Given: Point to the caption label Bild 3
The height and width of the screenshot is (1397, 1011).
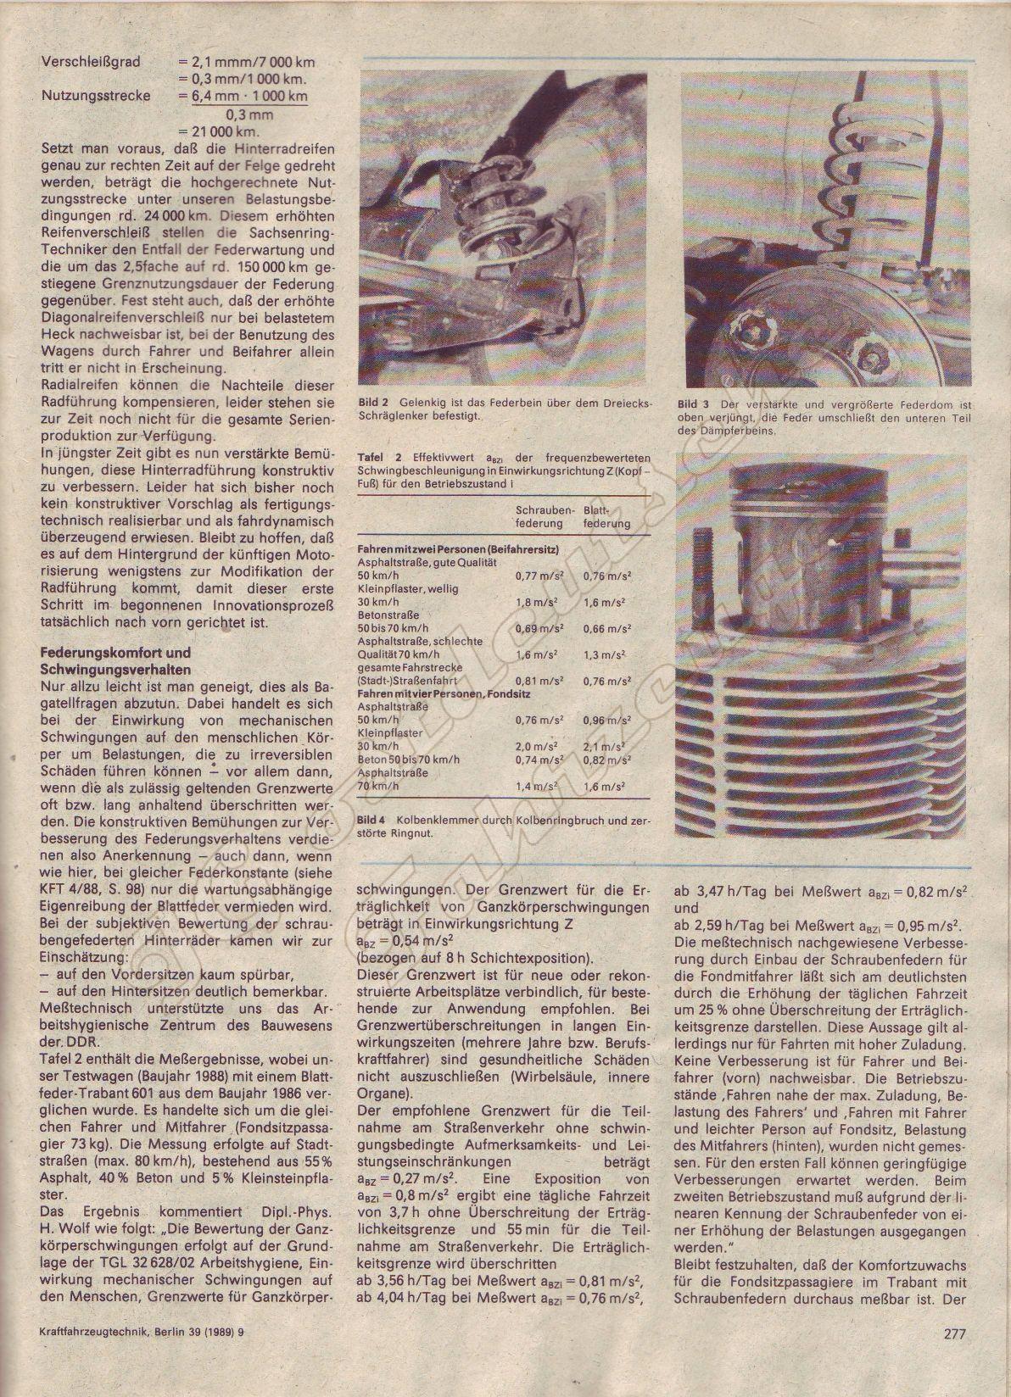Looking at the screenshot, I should click(694, 404).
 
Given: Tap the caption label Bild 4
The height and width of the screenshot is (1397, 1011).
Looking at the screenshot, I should click(371, 820).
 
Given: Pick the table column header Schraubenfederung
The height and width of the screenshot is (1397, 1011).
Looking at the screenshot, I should click(545, 516).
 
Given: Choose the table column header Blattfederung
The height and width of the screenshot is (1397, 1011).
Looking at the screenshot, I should click(607, 516).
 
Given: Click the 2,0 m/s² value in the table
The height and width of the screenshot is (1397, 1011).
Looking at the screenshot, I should click(536, 746).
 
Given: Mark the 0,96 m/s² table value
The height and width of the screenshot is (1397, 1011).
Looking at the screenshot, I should click(607, 721).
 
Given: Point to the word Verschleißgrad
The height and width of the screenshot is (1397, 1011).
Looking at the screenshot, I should click(91, 62).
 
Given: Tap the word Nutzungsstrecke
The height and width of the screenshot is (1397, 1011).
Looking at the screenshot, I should click(96, 96).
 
